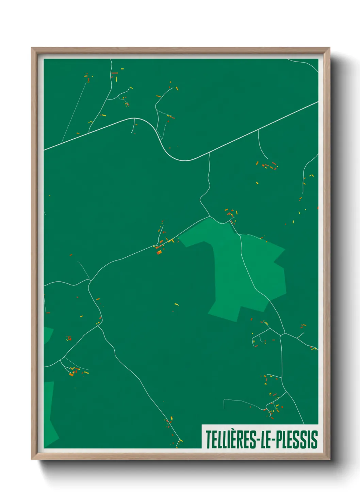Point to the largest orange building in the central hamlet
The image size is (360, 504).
(159, 252)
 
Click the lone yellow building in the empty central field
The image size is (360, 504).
(176, 304)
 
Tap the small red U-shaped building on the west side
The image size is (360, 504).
(69, 338)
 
